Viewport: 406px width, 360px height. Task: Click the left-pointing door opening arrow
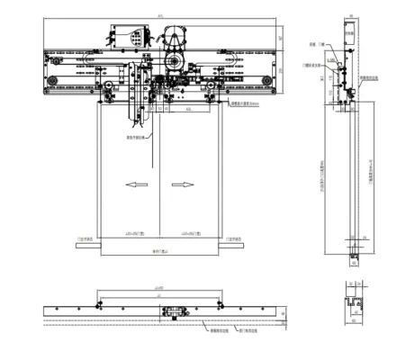point(138,184)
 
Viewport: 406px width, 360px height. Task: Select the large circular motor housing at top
point(172,41)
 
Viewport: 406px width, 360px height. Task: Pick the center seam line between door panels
point(158,180)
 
